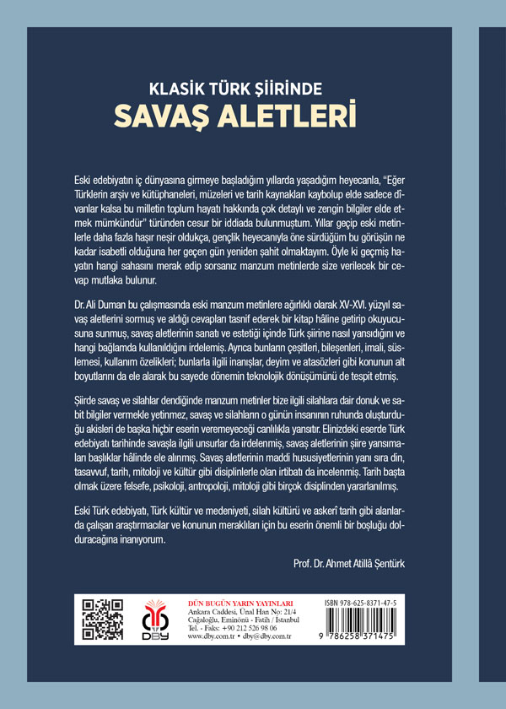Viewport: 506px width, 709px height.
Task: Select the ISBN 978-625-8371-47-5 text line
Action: click(373, 604)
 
